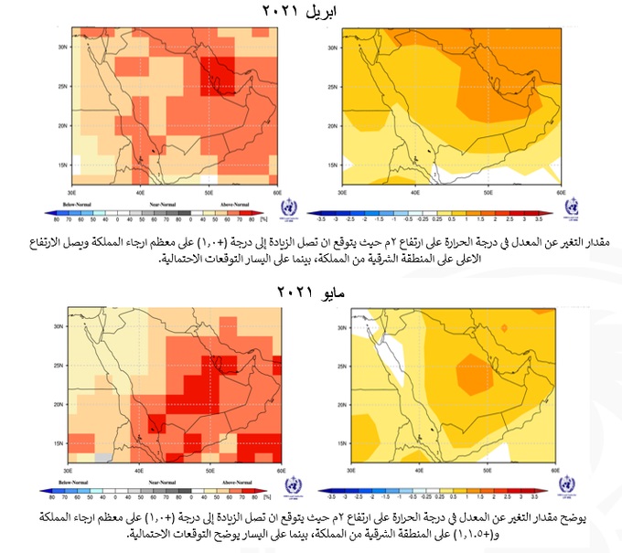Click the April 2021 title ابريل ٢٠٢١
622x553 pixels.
(x=311, y=11)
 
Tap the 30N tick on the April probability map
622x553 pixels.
(x=63, y=46)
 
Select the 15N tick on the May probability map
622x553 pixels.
(x=63, y=443)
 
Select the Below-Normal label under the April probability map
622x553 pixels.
(x=80, y=204)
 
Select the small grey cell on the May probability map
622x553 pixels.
(x=105, y=453)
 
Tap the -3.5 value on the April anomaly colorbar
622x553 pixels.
(x=347, y=219)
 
